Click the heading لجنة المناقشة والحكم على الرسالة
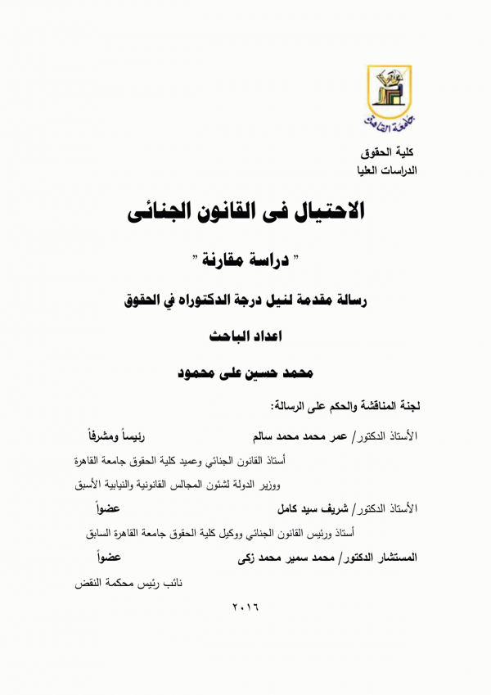(344, 405)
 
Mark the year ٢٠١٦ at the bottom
(245, 610)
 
